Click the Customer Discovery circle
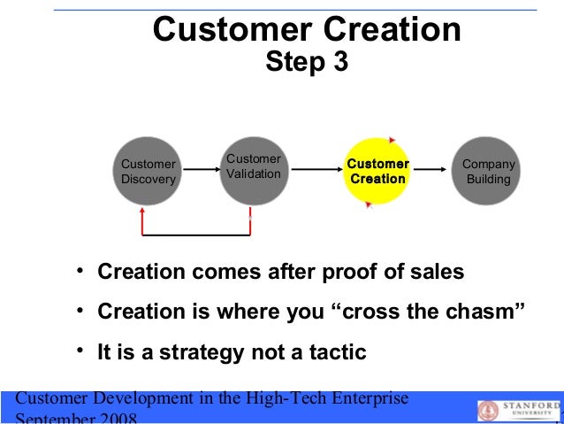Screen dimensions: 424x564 coord(149,172)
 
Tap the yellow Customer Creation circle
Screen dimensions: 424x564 coord(377,172)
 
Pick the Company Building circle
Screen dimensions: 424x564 coord(489,172)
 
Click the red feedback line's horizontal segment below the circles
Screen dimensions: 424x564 coord(196,236)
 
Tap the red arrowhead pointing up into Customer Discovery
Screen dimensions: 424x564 coord(142,212)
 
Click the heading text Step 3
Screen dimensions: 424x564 coord(307,63)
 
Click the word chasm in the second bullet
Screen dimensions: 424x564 coord(485,312)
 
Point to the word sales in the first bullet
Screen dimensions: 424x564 coord(437,272)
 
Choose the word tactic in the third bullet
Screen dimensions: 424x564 coord(335,352)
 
